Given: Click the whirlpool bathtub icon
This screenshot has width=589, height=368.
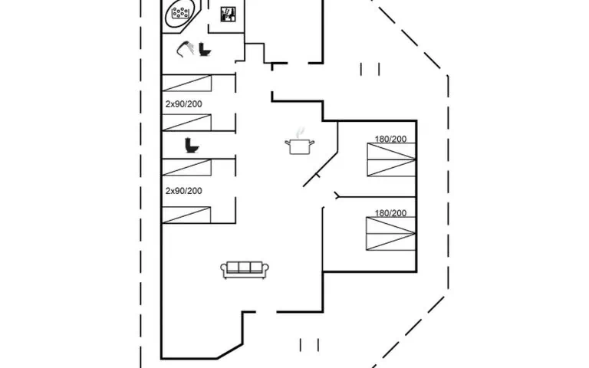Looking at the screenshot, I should click(182, 14).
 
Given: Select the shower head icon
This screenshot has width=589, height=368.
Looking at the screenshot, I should click(185, 48).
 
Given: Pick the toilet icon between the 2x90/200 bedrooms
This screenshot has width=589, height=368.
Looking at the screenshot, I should click(190, 145).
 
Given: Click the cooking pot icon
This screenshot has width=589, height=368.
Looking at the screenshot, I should click(299, 145).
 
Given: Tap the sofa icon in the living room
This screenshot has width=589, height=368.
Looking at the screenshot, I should click(245, 269).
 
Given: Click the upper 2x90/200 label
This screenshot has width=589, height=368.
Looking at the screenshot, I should click(184, 103).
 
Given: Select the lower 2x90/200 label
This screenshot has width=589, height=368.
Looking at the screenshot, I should click(184, 191).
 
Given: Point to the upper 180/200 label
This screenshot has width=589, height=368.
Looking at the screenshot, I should click(390, 140).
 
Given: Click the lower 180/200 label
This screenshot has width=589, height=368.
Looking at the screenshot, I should click(390, 213).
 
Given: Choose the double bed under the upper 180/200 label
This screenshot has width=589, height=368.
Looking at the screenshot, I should click(391, 161).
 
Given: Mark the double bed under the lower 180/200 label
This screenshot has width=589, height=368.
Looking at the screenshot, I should click(391, 234).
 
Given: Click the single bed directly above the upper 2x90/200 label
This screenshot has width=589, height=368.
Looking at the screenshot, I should click(186, 85).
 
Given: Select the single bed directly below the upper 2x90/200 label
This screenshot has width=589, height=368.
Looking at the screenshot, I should click(186, 122).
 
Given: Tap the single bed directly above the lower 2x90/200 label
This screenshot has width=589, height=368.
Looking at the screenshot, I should click(186, 168).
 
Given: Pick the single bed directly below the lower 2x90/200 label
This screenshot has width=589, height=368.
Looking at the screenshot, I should click(186, 215).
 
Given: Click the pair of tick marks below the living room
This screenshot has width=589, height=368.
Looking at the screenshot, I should click(309, 344).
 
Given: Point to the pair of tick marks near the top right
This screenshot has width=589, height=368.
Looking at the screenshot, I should click(370, 69).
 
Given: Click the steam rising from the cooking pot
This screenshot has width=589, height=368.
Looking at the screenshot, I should click(301, 131).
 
